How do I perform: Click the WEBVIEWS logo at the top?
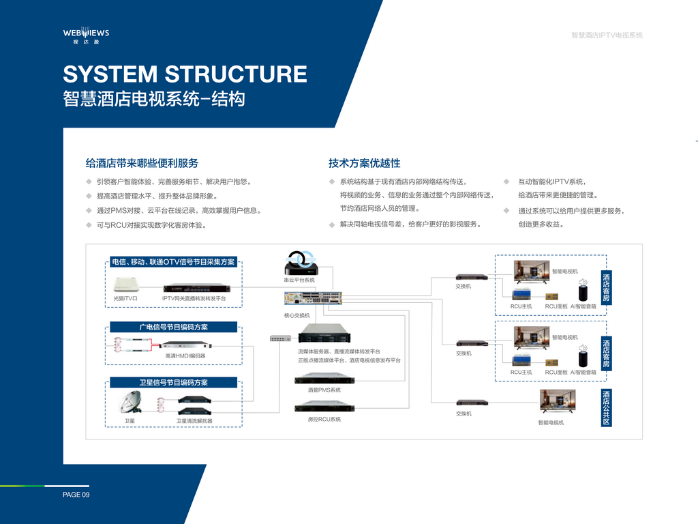pyautogui.click(x=86, y=35)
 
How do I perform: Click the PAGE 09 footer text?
pyautogui.click(x=76, y=495)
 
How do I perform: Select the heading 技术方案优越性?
pyautogui.click(x=365, y=163)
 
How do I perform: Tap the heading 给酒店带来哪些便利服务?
pyautogui.click(x=142, y=163)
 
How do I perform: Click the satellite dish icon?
pyautogui.click(x=131, y=402)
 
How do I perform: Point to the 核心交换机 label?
pyautogui.click(x=297, y=315)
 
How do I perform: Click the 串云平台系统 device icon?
pyautogui.click(x=301, y=263)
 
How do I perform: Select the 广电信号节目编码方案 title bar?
pyautogui.click(x=174, y=327)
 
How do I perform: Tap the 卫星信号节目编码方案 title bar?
pyautogui.click(x=174, y=382)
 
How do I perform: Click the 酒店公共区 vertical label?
pyautogui.click(x=606, y=408)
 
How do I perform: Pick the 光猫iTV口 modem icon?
pyautogui.click(x=126, y=285)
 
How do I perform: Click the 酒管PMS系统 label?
pyautogui.click(x=324, y=390)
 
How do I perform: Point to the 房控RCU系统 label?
pyautogui.click(x=324, y=420)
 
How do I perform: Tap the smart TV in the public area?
pyautogui.click(x=558, y=401)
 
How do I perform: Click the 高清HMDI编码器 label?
pyautogui.click(x=185, y=355)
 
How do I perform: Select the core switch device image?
pyautogui.click(x=313, y=298)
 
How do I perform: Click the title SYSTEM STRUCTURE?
pyautogui.click(x=185, y=74)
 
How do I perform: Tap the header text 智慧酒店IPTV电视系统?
pyautogui.click(x=607, y=35)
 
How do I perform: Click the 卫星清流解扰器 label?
pyautogui.click(x=194, y=420)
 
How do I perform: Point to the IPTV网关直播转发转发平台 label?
pyautogui.click(x=194, y=299)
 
